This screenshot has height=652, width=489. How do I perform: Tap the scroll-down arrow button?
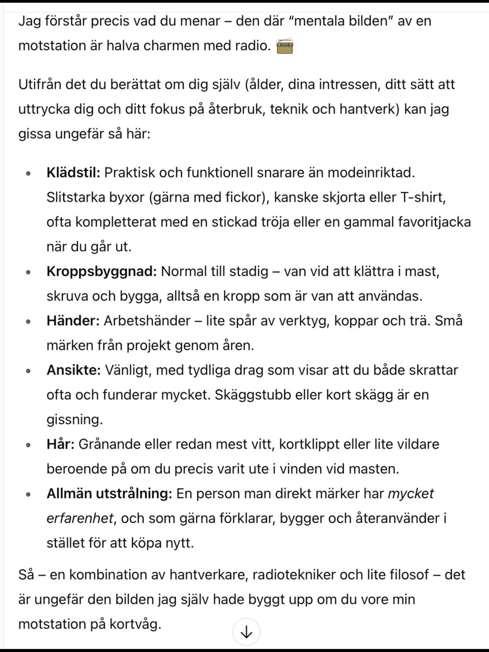click(x=246, y=631)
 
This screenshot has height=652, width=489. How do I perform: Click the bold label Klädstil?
click(x=73, y=173)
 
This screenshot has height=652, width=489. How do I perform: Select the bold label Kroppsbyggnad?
click(x=101, y=271)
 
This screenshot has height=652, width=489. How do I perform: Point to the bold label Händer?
click(x=73, y=321)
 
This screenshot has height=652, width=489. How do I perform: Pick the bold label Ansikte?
click(x=73, y=370)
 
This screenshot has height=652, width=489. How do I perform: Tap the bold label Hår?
click(x=60, y=444)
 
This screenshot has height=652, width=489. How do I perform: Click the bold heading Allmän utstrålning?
click(x=109, y=494)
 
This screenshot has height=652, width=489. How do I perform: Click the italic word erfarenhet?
click(x=80, y=518)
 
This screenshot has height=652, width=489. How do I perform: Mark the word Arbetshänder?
click(x=147, y=321)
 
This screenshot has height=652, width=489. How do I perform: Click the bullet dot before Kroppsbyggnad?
click(x=28, y=272)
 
